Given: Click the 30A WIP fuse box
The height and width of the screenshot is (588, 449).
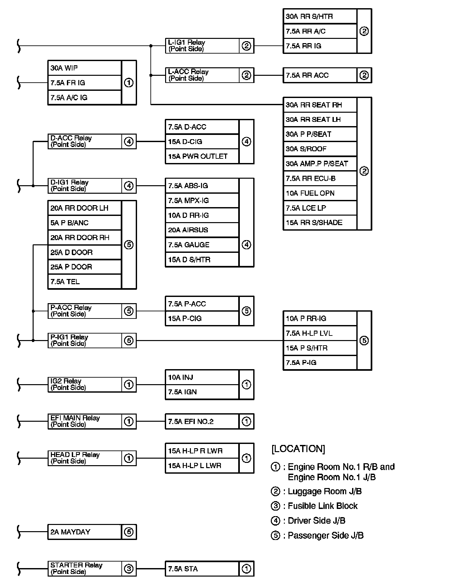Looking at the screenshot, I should pos(85,68).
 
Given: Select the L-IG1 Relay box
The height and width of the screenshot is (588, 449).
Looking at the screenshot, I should pos(202,46).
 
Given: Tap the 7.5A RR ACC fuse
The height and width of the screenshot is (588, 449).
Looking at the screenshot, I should pos(320,75).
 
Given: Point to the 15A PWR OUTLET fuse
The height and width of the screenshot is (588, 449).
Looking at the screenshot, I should pos(202,156).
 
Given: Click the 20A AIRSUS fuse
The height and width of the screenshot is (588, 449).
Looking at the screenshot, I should pos(202,230).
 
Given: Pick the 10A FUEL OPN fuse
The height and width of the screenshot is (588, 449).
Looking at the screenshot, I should pos(320,193).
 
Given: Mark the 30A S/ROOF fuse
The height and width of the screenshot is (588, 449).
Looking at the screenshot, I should pos(320,149).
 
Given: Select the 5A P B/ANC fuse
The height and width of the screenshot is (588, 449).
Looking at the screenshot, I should pos(85,223).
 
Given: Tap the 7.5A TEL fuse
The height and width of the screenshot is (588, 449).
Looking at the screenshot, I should pos(85,282).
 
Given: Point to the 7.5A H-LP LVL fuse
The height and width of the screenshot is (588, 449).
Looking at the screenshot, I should pos(320,333).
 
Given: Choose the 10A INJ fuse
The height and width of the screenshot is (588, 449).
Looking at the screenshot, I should pos(202,377).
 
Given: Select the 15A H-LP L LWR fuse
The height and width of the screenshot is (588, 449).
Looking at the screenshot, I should pos(202,465).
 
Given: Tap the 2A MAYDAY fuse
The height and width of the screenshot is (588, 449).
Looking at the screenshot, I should pos(85,532).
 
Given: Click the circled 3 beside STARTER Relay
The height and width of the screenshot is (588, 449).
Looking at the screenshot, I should pos(129,569).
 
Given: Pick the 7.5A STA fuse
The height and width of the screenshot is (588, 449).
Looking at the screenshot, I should pos(202,569).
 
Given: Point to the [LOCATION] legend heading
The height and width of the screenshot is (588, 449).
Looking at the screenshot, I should pos(298,449).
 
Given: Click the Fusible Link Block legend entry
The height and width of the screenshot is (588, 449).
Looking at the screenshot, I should pos(322,506).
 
